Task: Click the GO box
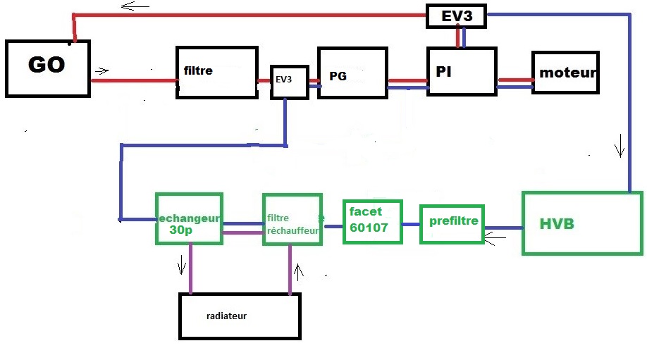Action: tap(48, 68)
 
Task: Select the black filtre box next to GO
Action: tap(216, 72)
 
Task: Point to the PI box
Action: tap(461, 71)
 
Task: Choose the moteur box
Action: tap(565, 72)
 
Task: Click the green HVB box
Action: tap(582, 223)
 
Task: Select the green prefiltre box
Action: tap(453, 223)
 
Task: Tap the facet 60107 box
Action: tap(372, 221)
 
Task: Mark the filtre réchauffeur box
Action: tap(292, 219)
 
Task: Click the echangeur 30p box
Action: tap(189, 218)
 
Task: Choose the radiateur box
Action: tap(240, 316)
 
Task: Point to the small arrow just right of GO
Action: tap(101, 70)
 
